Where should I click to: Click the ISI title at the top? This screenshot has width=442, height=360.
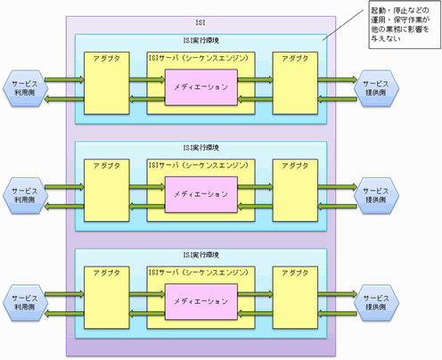(x=201, y=22)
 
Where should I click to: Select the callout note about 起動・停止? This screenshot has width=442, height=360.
(x=405, y=25)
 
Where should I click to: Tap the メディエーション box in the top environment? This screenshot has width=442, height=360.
(x=201, y=87)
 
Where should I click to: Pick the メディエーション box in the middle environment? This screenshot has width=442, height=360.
(x=201, y=194)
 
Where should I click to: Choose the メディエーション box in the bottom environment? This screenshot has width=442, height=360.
(x=201, y=302)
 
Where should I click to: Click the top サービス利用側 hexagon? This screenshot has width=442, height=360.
(x=26, y=88)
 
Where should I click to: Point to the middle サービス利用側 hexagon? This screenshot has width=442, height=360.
(x=26, y=195)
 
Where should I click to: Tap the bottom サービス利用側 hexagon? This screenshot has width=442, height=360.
(x=26, y=303)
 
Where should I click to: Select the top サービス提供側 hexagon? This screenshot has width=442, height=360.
(x=376, y=88)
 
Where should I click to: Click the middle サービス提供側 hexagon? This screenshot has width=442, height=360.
(x=376, y=195)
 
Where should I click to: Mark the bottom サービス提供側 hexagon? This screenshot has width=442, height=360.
(x=376, y=303)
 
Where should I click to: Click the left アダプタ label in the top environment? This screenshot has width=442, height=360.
(x=107, y=59)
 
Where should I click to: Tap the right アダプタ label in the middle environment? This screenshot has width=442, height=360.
(x=295, y=166)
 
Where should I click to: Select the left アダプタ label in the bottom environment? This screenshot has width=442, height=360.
(x=107, y=273)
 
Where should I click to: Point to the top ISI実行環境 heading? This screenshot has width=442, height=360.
(x=201, y=40)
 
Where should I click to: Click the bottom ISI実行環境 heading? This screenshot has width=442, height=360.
(x=201, y=255)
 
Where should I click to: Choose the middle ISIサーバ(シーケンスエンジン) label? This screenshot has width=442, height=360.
(x=199, y=165)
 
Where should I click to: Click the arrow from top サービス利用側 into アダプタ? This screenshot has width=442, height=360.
(x=64, y=79)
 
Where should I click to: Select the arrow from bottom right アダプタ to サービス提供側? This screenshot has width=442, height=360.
(x=338, y=294)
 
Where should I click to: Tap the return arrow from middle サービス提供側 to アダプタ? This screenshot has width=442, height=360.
(x=338, y=206)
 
